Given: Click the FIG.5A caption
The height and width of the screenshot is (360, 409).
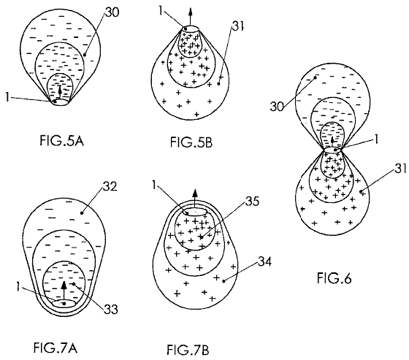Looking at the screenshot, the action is (x=62, y=141).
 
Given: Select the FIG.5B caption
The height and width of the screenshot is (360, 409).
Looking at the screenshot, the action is (x=191, y=142).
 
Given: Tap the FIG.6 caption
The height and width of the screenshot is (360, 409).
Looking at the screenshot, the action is (x=335, y=277).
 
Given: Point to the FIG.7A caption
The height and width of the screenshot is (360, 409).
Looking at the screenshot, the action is (x=56, y=348).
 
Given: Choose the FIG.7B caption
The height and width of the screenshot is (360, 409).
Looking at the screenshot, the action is (x=188, y=350).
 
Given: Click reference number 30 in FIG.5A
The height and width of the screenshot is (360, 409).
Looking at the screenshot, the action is (x=112, y=12).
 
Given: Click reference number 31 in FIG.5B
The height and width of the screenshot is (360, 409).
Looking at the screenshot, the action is (x=237, y=26).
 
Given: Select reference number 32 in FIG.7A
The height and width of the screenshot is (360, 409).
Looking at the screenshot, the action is (x=110, y=186).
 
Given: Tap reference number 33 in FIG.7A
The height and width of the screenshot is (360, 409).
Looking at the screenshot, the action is (x=111, y=310).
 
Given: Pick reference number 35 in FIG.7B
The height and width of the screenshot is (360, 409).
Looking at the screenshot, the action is (x=252, y=202).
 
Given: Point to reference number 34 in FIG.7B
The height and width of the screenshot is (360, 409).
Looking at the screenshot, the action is (x=264, y=261).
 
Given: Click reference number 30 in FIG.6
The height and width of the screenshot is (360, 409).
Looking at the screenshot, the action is (x=277, y=107).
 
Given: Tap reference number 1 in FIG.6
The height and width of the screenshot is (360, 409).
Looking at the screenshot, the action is (x=376, y=139).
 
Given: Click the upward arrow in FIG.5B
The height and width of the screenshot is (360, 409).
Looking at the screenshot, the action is (x=190, y=17).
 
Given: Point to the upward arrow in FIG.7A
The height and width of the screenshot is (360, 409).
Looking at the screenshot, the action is (x=64, y=291).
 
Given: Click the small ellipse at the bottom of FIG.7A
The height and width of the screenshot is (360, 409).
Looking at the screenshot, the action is (x=64, y=303).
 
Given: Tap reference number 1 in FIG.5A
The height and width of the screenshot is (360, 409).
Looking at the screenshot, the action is (x=7, y=98).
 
